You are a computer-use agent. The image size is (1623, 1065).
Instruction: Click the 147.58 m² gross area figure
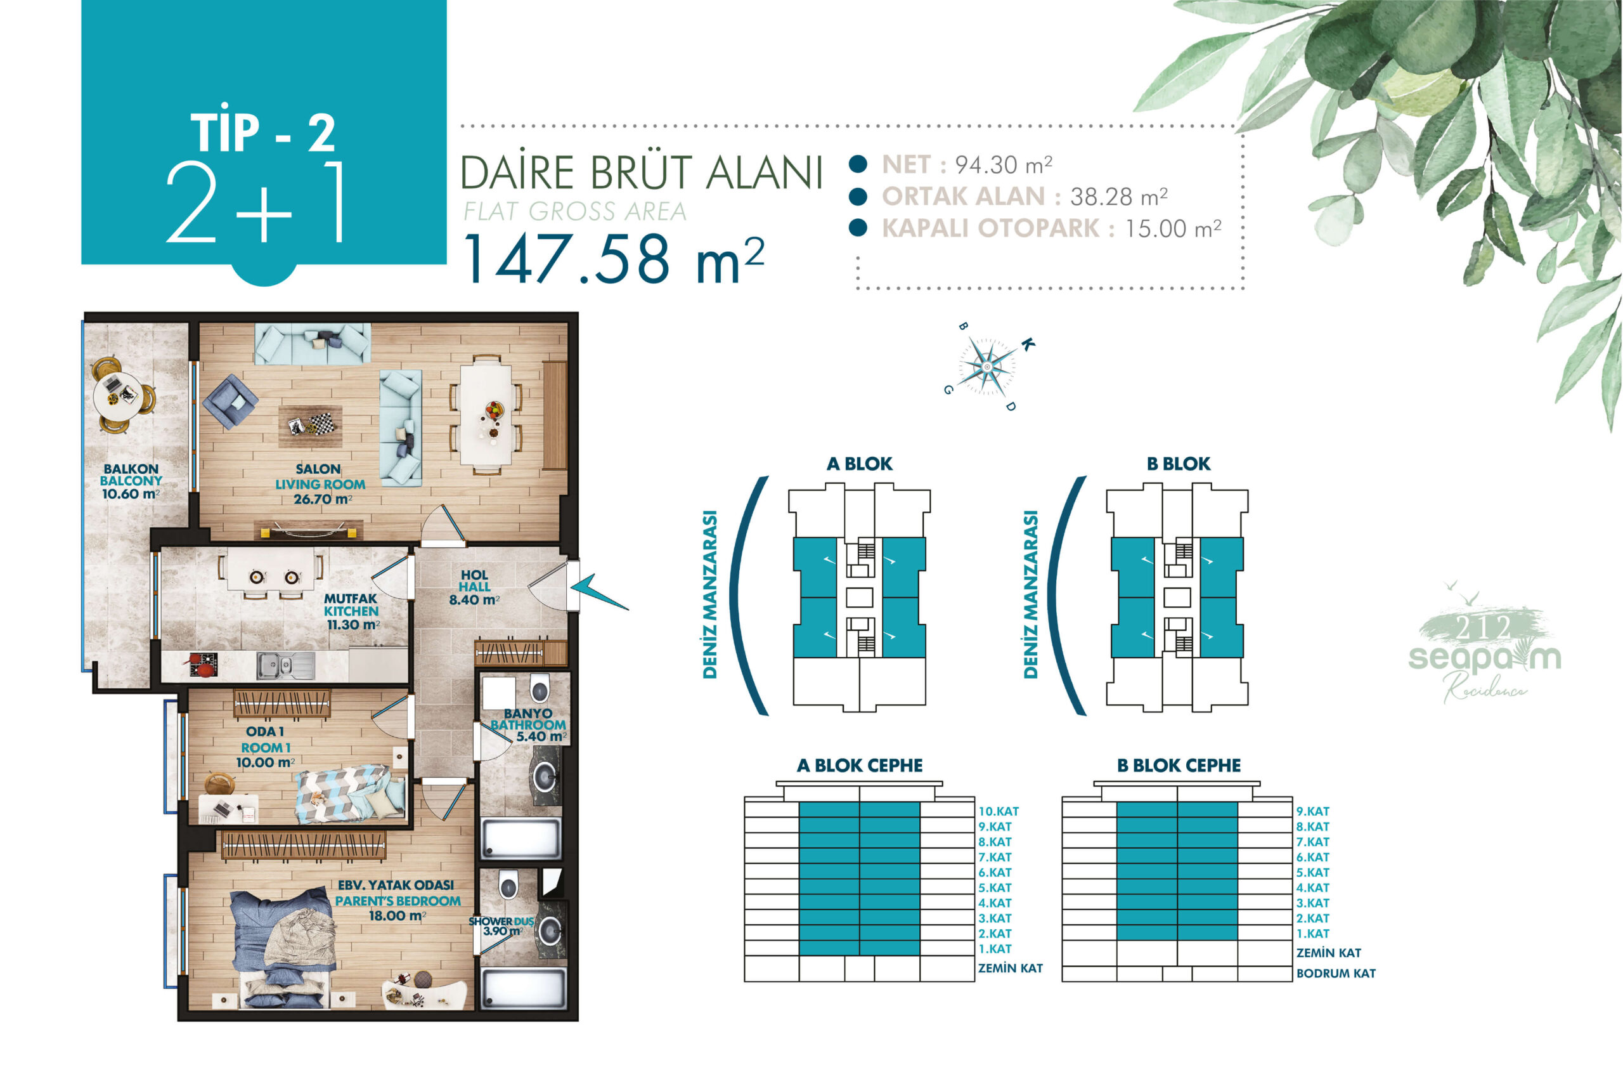(614, 259)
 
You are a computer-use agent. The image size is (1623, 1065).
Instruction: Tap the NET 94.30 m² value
(1003, 165)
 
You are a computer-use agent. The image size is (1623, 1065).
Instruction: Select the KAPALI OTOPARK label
(991, 228)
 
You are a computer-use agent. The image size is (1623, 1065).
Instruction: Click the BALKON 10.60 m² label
(131, 481)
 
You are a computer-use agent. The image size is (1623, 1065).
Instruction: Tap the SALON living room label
(320, 484)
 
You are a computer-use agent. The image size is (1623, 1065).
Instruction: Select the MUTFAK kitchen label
(352, 611)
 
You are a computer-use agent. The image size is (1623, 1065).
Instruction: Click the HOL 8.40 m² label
(475, 587)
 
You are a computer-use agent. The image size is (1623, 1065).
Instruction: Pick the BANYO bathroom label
(529, 724)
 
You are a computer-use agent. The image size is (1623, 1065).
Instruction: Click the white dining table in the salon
(486, 415)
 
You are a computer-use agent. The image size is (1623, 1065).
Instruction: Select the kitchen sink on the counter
(285, 665)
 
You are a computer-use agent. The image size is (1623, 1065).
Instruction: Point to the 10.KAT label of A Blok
(999, 811)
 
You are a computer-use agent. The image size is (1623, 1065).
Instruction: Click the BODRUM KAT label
(1335, 974)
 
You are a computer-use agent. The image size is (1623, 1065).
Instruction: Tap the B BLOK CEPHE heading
(1179, 766)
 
